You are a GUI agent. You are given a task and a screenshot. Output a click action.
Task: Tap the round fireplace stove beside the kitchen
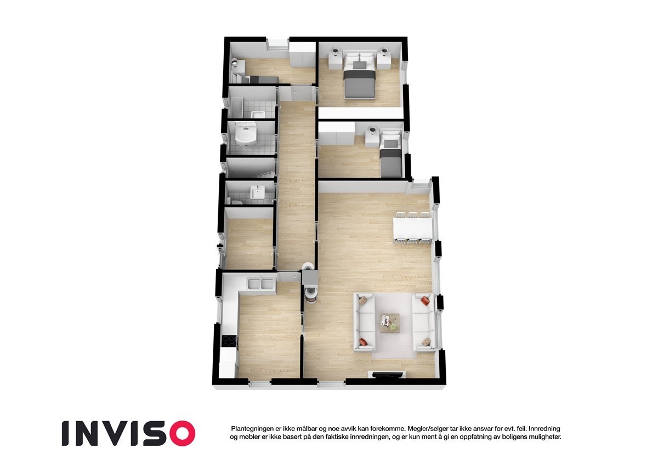310,291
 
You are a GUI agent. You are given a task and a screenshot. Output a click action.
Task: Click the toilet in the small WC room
236,202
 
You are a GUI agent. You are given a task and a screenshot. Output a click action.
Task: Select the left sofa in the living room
364,323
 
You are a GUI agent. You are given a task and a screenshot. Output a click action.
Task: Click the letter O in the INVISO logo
180,433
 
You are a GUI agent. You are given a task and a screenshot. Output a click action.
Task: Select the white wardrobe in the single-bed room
336,133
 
